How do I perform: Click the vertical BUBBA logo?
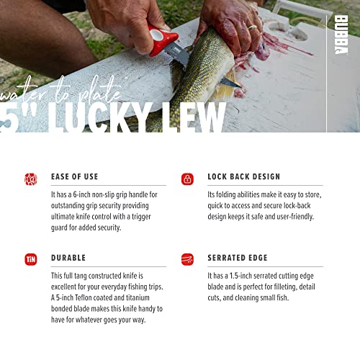(341, 35)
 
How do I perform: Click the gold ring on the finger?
(253, 27)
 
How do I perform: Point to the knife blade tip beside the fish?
(240, 86)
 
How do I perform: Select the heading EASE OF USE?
(75, 176)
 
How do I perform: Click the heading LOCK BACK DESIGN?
(244, 176)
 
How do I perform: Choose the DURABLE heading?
(68, 258)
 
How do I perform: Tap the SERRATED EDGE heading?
(238, 258)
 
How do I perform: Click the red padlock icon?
(187, 179)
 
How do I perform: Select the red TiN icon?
(31, 259)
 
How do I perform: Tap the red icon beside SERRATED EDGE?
(187, 259)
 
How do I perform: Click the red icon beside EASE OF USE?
(31, 179)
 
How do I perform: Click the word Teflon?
(84, 297)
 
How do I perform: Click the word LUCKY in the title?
(99, 117)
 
